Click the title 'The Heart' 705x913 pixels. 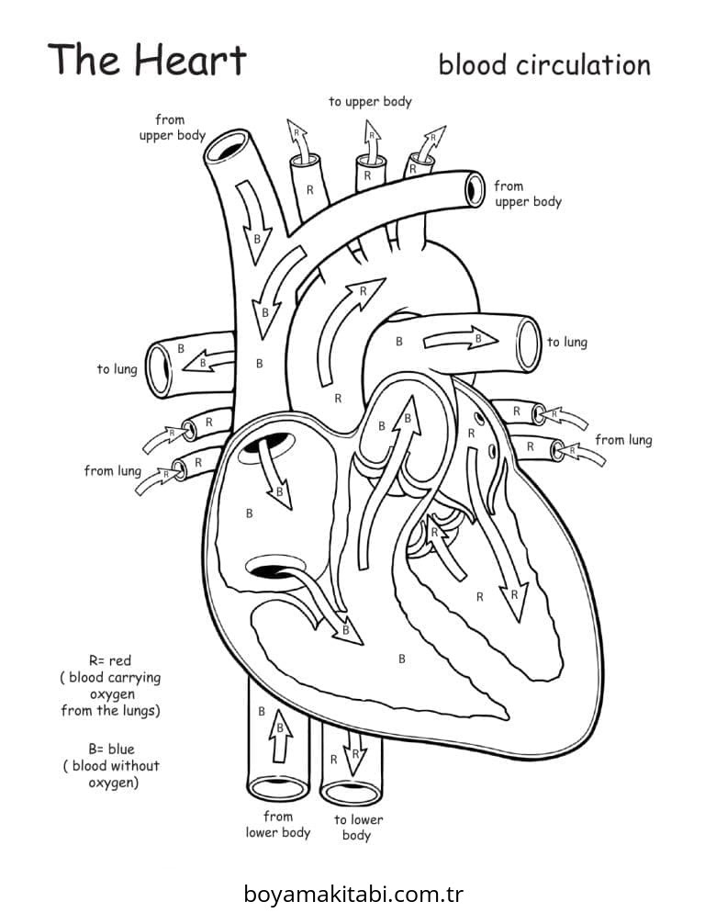[147, 60]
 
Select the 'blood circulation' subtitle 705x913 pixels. [543, 65]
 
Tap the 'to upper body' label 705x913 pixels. [370, 101]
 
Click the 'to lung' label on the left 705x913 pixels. [117, 369]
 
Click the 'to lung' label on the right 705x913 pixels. [566, 343]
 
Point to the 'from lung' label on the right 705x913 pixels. [623, 440]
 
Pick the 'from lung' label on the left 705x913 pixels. [112, 471]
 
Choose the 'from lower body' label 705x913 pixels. [277, 824]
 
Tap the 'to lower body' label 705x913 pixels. [357, 827]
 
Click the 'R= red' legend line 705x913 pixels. [110, 660]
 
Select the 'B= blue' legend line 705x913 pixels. [111, 750]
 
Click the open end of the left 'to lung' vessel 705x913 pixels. [160, 366]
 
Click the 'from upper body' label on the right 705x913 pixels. [527, 194]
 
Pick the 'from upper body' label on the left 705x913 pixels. [170, 127]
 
